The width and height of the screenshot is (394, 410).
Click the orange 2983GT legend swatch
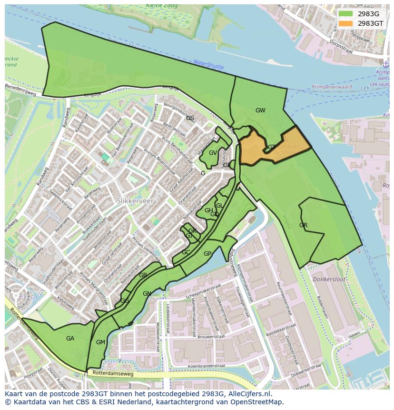pos(346,23)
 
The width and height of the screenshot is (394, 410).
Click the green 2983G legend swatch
pos(346,14)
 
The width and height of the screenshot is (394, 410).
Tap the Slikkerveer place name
pos(135,201)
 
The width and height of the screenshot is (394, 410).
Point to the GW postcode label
pos(260,110)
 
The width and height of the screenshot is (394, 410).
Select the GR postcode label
pos(303,225)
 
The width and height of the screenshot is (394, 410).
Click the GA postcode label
pos(70,339)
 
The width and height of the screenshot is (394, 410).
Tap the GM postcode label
pos(100,342)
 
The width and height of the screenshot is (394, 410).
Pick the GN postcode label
pos(147,294)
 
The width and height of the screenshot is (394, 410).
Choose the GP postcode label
pos(207,254)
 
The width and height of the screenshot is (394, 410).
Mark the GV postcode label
pos(213,153)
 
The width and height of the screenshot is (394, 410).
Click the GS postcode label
pos(190,118)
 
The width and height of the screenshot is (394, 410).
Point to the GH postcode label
pos(208,210)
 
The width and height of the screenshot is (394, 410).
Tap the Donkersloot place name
pos(329,279)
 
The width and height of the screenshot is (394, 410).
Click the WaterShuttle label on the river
pos(208,64)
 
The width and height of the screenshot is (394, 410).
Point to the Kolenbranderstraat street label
pos(206,366)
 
